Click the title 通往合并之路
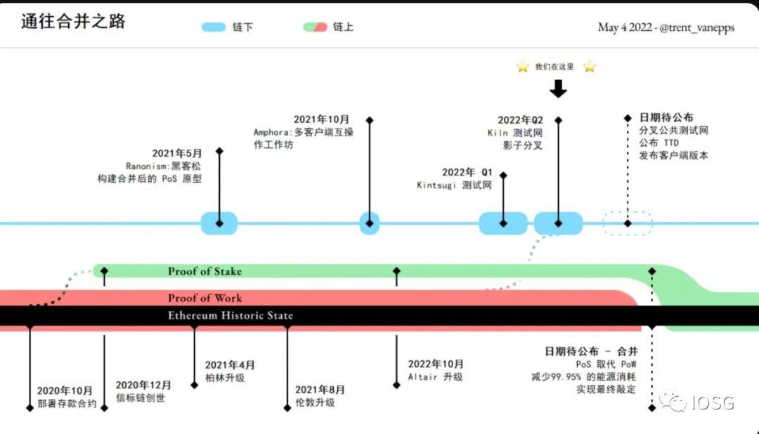pyautogui.click(x=73, y=22)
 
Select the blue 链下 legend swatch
pyautogui.click(x=214, y=27)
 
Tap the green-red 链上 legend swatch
pyautogui.click(x=315, y=27)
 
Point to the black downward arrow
pyautogui.click(x=558, y=88)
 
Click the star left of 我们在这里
pyautogui.click(x=522, y=67)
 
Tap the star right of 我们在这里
pyautogui.click(x=589, y=67)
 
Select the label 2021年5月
pyautogui.click(x=177, y=153)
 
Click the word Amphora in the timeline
pyautogui.click(x=270, y=132)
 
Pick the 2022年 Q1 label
pyautogui.click(x=467, y=173)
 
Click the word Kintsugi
pyautogui.click(x=438, y=185)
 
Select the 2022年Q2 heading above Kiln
pyautogui.click(x=520, y=120)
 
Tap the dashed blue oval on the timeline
pyautogui.click(x=628, y=223)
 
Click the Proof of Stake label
pyautogui.click(x=205, y=272)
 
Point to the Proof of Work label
pyautogui.click(x=205, y=298)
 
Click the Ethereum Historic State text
pyautogui.click(x=231, y=316)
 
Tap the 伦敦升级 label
pyautogui.click(x=315, y=403)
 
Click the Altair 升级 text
pyautogui.click(x=436, y=376)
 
